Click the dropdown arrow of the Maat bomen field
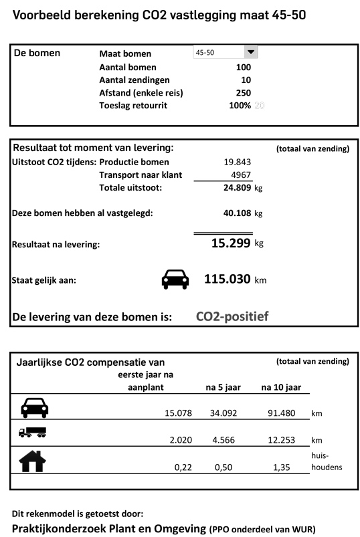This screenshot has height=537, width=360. (251, 52)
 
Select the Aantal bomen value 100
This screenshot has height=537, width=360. (243, 68)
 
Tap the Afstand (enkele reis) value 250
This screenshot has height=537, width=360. (243, 93)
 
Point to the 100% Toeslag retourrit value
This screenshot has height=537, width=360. (240, 106)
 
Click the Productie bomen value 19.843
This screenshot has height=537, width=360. (238, 162)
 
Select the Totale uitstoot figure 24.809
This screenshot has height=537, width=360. (237, 188)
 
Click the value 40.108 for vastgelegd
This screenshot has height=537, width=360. (237, 213)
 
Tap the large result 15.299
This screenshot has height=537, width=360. (231, 243)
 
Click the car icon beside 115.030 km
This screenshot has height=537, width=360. (175, 280)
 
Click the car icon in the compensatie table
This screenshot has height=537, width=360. (34, 407)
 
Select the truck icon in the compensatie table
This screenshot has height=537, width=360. (33, 433)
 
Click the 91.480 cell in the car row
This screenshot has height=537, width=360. (280, 413)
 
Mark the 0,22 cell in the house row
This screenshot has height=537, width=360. (183, 467)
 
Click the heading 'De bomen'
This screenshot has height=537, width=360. (37, 53)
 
